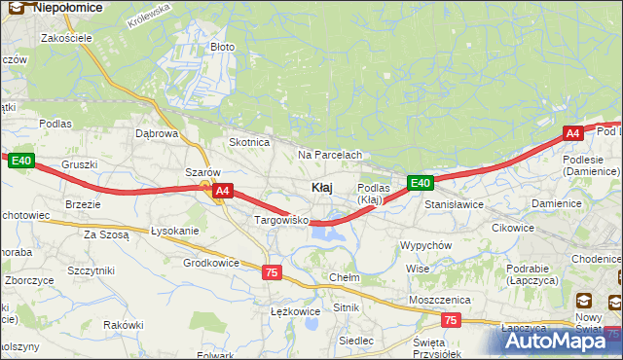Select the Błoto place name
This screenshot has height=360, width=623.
(223, 47)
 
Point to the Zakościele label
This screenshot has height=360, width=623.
(66, 38)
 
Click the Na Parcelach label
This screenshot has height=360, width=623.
(330, 155)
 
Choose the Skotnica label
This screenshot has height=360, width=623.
(248, 142)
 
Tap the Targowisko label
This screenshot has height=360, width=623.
(280, 221)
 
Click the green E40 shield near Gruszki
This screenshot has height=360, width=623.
(23, 161)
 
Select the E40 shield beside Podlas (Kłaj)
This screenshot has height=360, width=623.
(420, 183)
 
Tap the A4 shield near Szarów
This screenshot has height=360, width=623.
(223, 192)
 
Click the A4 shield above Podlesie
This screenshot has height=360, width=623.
(573, 133)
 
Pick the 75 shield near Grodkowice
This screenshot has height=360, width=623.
(272, 272)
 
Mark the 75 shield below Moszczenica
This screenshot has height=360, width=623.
(450, 319)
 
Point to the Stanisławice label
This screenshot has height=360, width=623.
(454, 205)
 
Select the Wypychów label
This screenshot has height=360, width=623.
(425, 245)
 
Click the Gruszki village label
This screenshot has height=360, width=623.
(79, 165)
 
